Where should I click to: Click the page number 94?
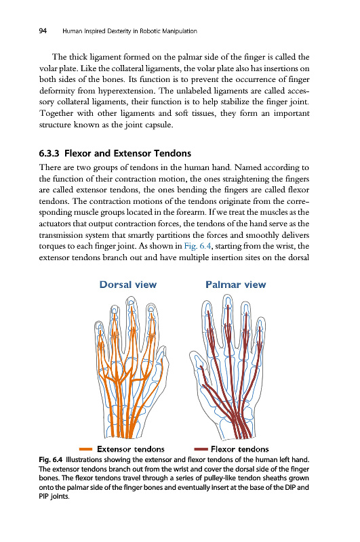point(43,31)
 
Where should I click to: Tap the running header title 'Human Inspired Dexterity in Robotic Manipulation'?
point(129,31)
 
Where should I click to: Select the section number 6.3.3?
point(49,153)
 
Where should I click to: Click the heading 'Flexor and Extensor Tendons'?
point(127,153)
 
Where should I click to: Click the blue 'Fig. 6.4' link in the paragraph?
point(197,246)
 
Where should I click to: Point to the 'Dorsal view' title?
point(128,285)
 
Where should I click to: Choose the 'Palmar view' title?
point(235,285)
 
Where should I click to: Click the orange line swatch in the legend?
point(86,449)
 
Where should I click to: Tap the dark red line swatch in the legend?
point(201,449)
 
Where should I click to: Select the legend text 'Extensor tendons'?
point(131,449)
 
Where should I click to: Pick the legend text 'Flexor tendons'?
point(239,449)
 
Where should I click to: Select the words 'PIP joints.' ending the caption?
point(54,497)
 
